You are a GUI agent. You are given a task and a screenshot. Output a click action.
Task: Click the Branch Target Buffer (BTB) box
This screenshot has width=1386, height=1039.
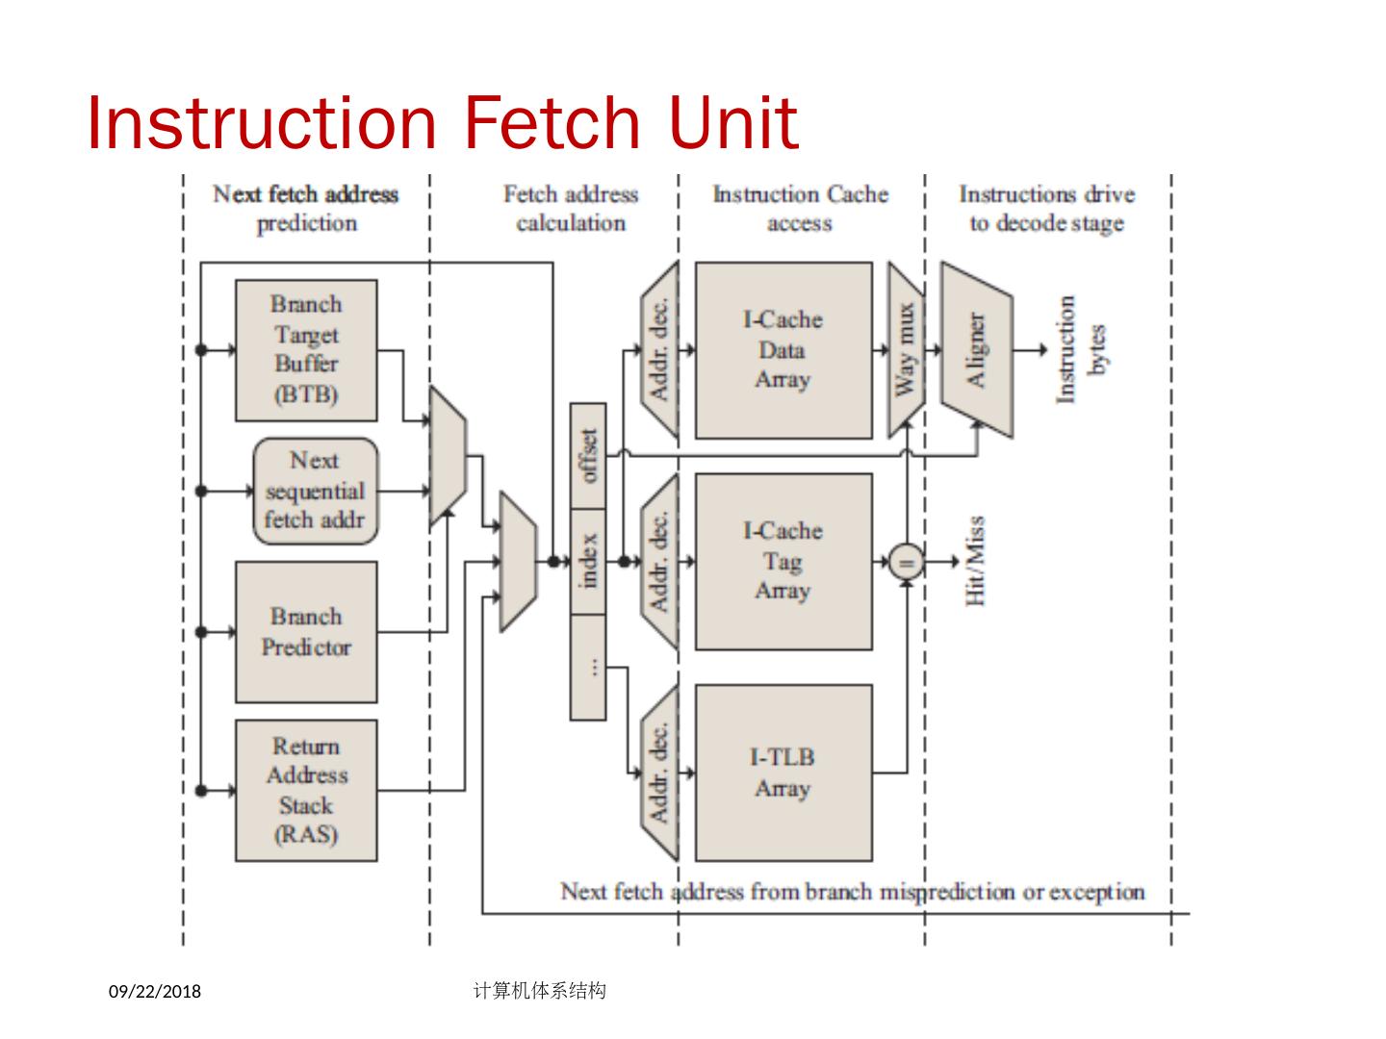[x=306, y=350]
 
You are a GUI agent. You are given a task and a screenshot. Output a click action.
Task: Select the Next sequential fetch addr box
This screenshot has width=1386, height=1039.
[x=315, y=491]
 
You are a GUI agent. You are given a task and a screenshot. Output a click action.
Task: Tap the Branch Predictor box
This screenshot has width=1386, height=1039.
[x=306, y=632]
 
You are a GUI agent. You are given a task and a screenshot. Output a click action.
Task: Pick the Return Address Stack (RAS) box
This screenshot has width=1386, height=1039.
[x=306, y=790]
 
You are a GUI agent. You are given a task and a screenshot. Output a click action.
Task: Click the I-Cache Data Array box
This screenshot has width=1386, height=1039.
[x=783, y=350]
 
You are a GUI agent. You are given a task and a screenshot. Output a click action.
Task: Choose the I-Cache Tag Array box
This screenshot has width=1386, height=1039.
[x=783, y=561]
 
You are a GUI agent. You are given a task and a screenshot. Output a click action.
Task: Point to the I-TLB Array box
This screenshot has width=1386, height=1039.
[x=783, y=773]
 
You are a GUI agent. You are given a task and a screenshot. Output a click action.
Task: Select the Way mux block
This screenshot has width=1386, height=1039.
[x=906, y=350]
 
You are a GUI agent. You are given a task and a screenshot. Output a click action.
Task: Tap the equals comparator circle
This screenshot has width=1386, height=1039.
[x=906, y=561]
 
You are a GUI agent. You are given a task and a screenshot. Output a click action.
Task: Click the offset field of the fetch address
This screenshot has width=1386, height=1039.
[x=588, y=455]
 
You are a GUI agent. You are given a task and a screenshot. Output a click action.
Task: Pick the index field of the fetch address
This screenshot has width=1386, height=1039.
[x=588, y=561]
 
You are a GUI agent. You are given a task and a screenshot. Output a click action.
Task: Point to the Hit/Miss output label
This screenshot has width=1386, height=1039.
[x=975, y=561]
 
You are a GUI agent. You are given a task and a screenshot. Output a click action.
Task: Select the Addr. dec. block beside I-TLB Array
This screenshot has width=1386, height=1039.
[x=659, y=773]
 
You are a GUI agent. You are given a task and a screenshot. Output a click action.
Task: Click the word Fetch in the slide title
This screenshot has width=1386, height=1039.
[x=552, y=123]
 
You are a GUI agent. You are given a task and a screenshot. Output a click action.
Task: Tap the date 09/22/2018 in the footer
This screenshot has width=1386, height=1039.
[x=155, y=991]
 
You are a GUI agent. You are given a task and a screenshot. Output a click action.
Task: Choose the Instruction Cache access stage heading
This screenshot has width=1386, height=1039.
[x=800, y=209]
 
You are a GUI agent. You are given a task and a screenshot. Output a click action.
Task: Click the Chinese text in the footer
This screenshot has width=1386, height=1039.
[x=540, y=990]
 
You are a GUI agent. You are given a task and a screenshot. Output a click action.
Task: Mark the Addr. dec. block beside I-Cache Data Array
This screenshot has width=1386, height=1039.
[x=659, y=350]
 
